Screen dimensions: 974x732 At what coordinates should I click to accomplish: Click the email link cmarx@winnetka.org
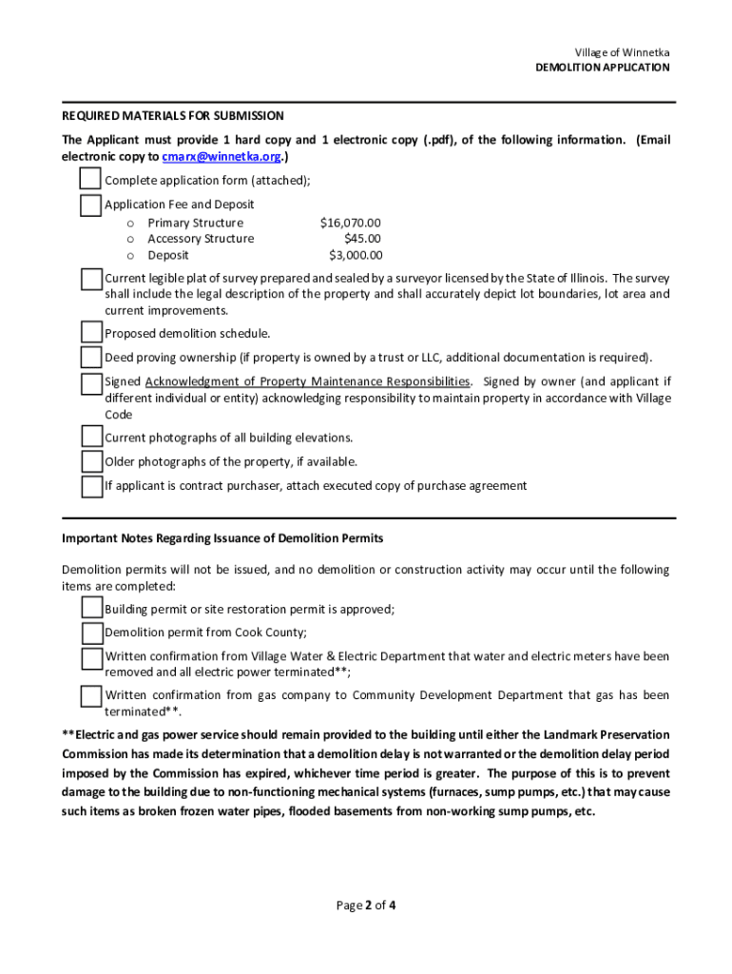click(x=222, y=157)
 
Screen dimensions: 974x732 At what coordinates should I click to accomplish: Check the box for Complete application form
click(x=90, y=180)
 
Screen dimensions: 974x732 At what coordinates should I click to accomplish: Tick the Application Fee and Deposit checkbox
click(x=90, y=205)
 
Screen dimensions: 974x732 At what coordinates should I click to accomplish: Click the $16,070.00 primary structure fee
click(x=351, y=223)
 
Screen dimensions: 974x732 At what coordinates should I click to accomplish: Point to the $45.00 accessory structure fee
click(x=362, y=239)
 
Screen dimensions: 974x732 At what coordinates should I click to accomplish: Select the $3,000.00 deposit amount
click(x=356, y=255)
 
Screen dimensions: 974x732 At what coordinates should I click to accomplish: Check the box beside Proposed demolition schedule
click(x=90, y=333)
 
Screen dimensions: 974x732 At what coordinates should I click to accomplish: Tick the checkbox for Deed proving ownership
click(x=90, y=357)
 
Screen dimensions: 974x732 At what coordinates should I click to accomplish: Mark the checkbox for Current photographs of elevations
click(x=90, y=437)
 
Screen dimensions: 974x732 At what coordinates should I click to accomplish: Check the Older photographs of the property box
click(x=90, y=461)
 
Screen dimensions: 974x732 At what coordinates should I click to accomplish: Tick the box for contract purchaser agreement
click(x=90, y=486)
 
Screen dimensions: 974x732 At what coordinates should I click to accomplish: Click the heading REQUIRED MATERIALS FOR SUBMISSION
click(x=173, y=116)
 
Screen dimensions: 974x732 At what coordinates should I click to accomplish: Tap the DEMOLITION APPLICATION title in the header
click(x=602, y=68)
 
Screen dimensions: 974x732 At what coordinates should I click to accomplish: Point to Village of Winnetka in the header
click(x=622, y=52)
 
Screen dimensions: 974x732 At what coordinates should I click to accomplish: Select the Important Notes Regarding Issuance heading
click(x=222, y=538)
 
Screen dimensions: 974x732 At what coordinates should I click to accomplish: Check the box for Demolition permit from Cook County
click(x=90, y=633)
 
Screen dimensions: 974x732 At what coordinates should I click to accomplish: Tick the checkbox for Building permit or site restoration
click(x=90, y=609)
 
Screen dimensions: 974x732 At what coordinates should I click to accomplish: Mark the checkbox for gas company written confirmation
click(x=90, y=696)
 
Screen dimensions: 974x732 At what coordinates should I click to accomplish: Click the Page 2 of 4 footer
click(x=366, y=906)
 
